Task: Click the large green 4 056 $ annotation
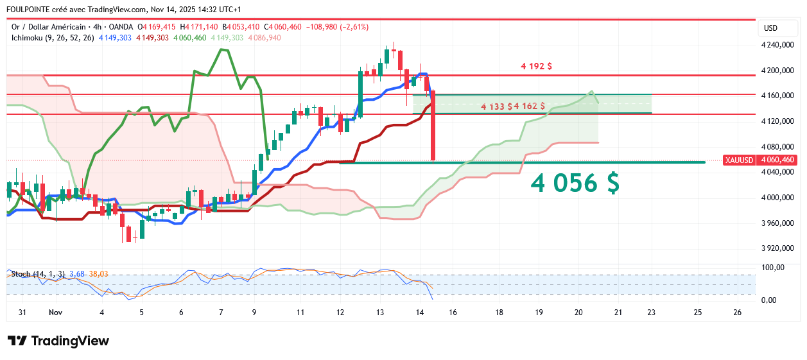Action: click(575, 184)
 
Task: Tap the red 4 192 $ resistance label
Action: click(537, 66)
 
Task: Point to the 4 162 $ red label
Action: click(530, 106)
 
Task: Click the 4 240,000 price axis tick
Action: click(777, 45)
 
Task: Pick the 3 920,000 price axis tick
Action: click(777, 248)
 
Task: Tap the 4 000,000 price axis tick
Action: click(777, 198)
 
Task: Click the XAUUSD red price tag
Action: click(740, 160)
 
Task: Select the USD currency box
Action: click(770, 28)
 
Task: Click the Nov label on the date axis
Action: click(55, 313)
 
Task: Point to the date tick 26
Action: click(737, 313)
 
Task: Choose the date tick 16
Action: click(453, 313)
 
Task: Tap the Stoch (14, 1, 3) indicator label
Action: click(38, 274)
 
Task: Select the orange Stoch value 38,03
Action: click(99, 274)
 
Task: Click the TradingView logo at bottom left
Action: click(58, 341)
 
